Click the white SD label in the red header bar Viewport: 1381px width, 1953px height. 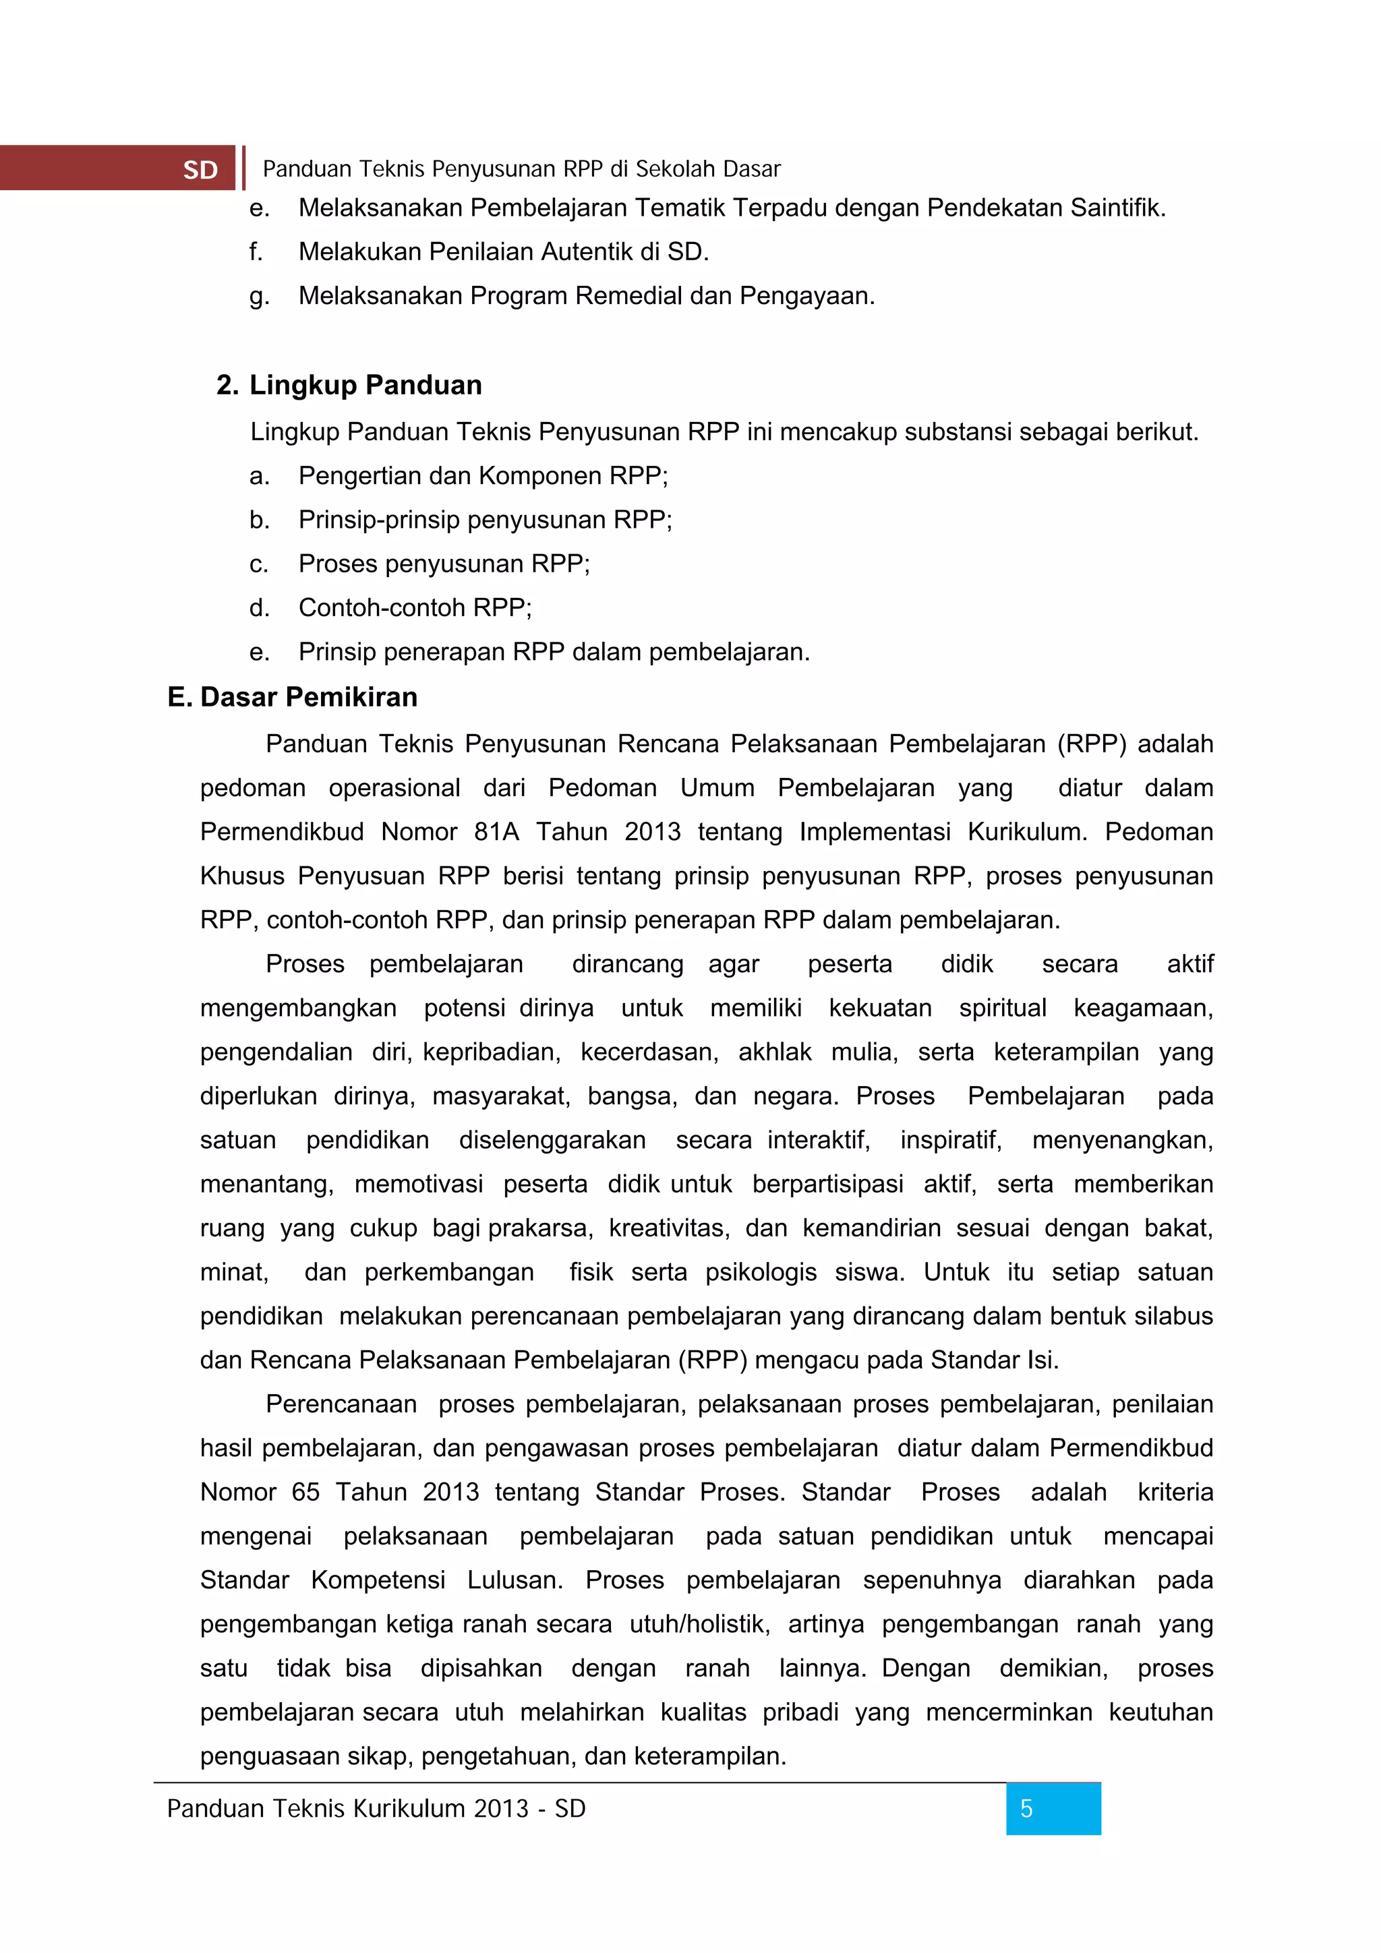pyautogui.click(x=200, y=170)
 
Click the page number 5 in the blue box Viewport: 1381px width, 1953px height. pyautogui.click(x=1026, y=1809)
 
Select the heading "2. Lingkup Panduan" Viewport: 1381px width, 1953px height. pyautogui.click(x=349, y=386)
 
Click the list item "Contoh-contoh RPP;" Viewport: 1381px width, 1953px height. pyautogui.click(x=415, y=608)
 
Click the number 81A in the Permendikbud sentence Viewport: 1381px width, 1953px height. pyautogui.click(x=496, y=832)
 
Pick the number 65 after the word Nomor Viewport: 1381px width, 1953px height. pyautogui.click(x=305, y=1492)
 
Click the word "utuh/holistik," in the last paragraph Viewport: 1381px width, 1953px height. pyautogui.click(x=699, y=1624)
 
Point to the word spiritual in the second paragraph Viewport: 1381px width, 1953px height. pyautogui.click(x=1002, y=1008)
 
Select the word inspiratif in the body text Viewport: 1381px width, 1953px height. pyautogui.click(x=950, y=1140)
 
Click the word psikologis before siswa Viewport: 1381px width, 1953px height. pyautogui.click(x=761, y=1271)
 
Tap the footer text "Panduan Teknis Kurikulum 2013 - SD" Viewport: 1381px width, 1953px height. pyautogui.click(x=376, y=1809)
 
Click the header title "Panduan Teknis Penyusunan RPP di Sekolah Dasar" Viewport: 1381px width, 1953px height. pyautogui.click(x=521, y=169)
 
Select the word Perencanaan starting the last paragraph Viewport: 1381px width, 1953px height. pyautogui.click(x=341, y=1404)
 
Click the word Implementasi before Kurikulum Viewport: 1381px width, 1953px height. pyautogui.click(x=874, y=832)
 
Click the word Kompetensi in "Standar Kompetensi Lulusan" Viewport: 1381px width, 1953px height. pyautogui.click(x=378, y=1580)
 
